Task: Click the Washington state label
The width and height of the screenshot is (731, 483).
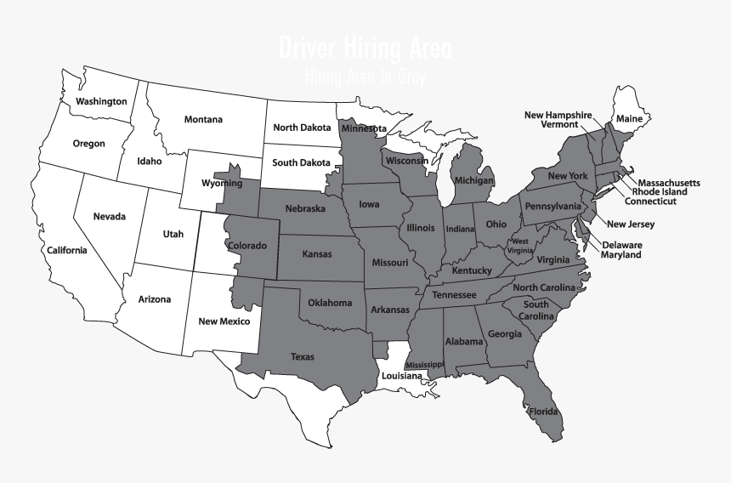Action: pyautogui.click(x=101, y=102)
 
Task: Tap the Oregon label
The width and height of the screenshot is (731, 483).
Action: pyautogui.click(x=88, y=144)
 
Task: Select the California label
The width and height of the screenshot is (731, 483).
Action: pyautogui.click(x=66, y=250)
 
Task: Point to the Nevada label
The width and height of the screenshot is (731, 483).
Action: pyautogui.click(x=109, y=217)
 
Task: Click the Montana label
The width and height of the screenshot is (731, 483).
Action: pyautogui.click(x=203, y=120)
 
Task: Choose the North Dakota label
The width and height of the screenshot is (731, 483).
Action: pyautogui.click(x=302, y=128)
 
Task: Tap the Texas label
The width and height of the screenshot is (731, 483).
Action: pyautogui.click(x=302, y=357)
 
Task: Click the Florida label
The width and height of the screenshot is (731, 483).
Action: pyautogui.click(x=544, y=412)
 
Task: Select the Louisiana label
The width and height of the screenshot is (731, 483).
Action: pyautogui.click(x=401, y=376)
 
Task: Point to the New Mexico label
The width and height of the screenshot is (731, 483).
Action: pyautogui.click(x=224, y=321)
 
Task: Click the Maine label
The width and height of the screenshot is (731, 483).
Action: pyautogui.click(x=629, y=118)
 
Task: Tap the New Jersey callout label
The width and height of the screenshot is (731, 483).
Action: pyautogui.click(x=630, y=224)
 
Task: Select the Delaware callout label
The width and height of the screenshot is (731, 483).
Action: pyautogui.click(x=622, y=245)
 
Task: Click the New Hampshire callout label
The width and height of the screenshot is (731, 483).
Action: pyautogui.click(x=558, y=115)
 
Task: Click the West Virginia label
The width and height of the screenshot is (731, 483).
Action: pyautogui.click(x=519, y=246)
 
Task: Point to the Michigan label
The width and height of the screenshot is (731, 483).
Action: pyautogui.click(x=473, y=181)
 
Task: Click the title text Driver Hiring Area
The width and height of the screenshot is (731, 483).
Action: pyautogui.click(x=365, y=48)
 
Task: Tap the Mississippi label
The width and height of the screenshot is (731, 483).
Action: pyautogui.click(x=424, y=365)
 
